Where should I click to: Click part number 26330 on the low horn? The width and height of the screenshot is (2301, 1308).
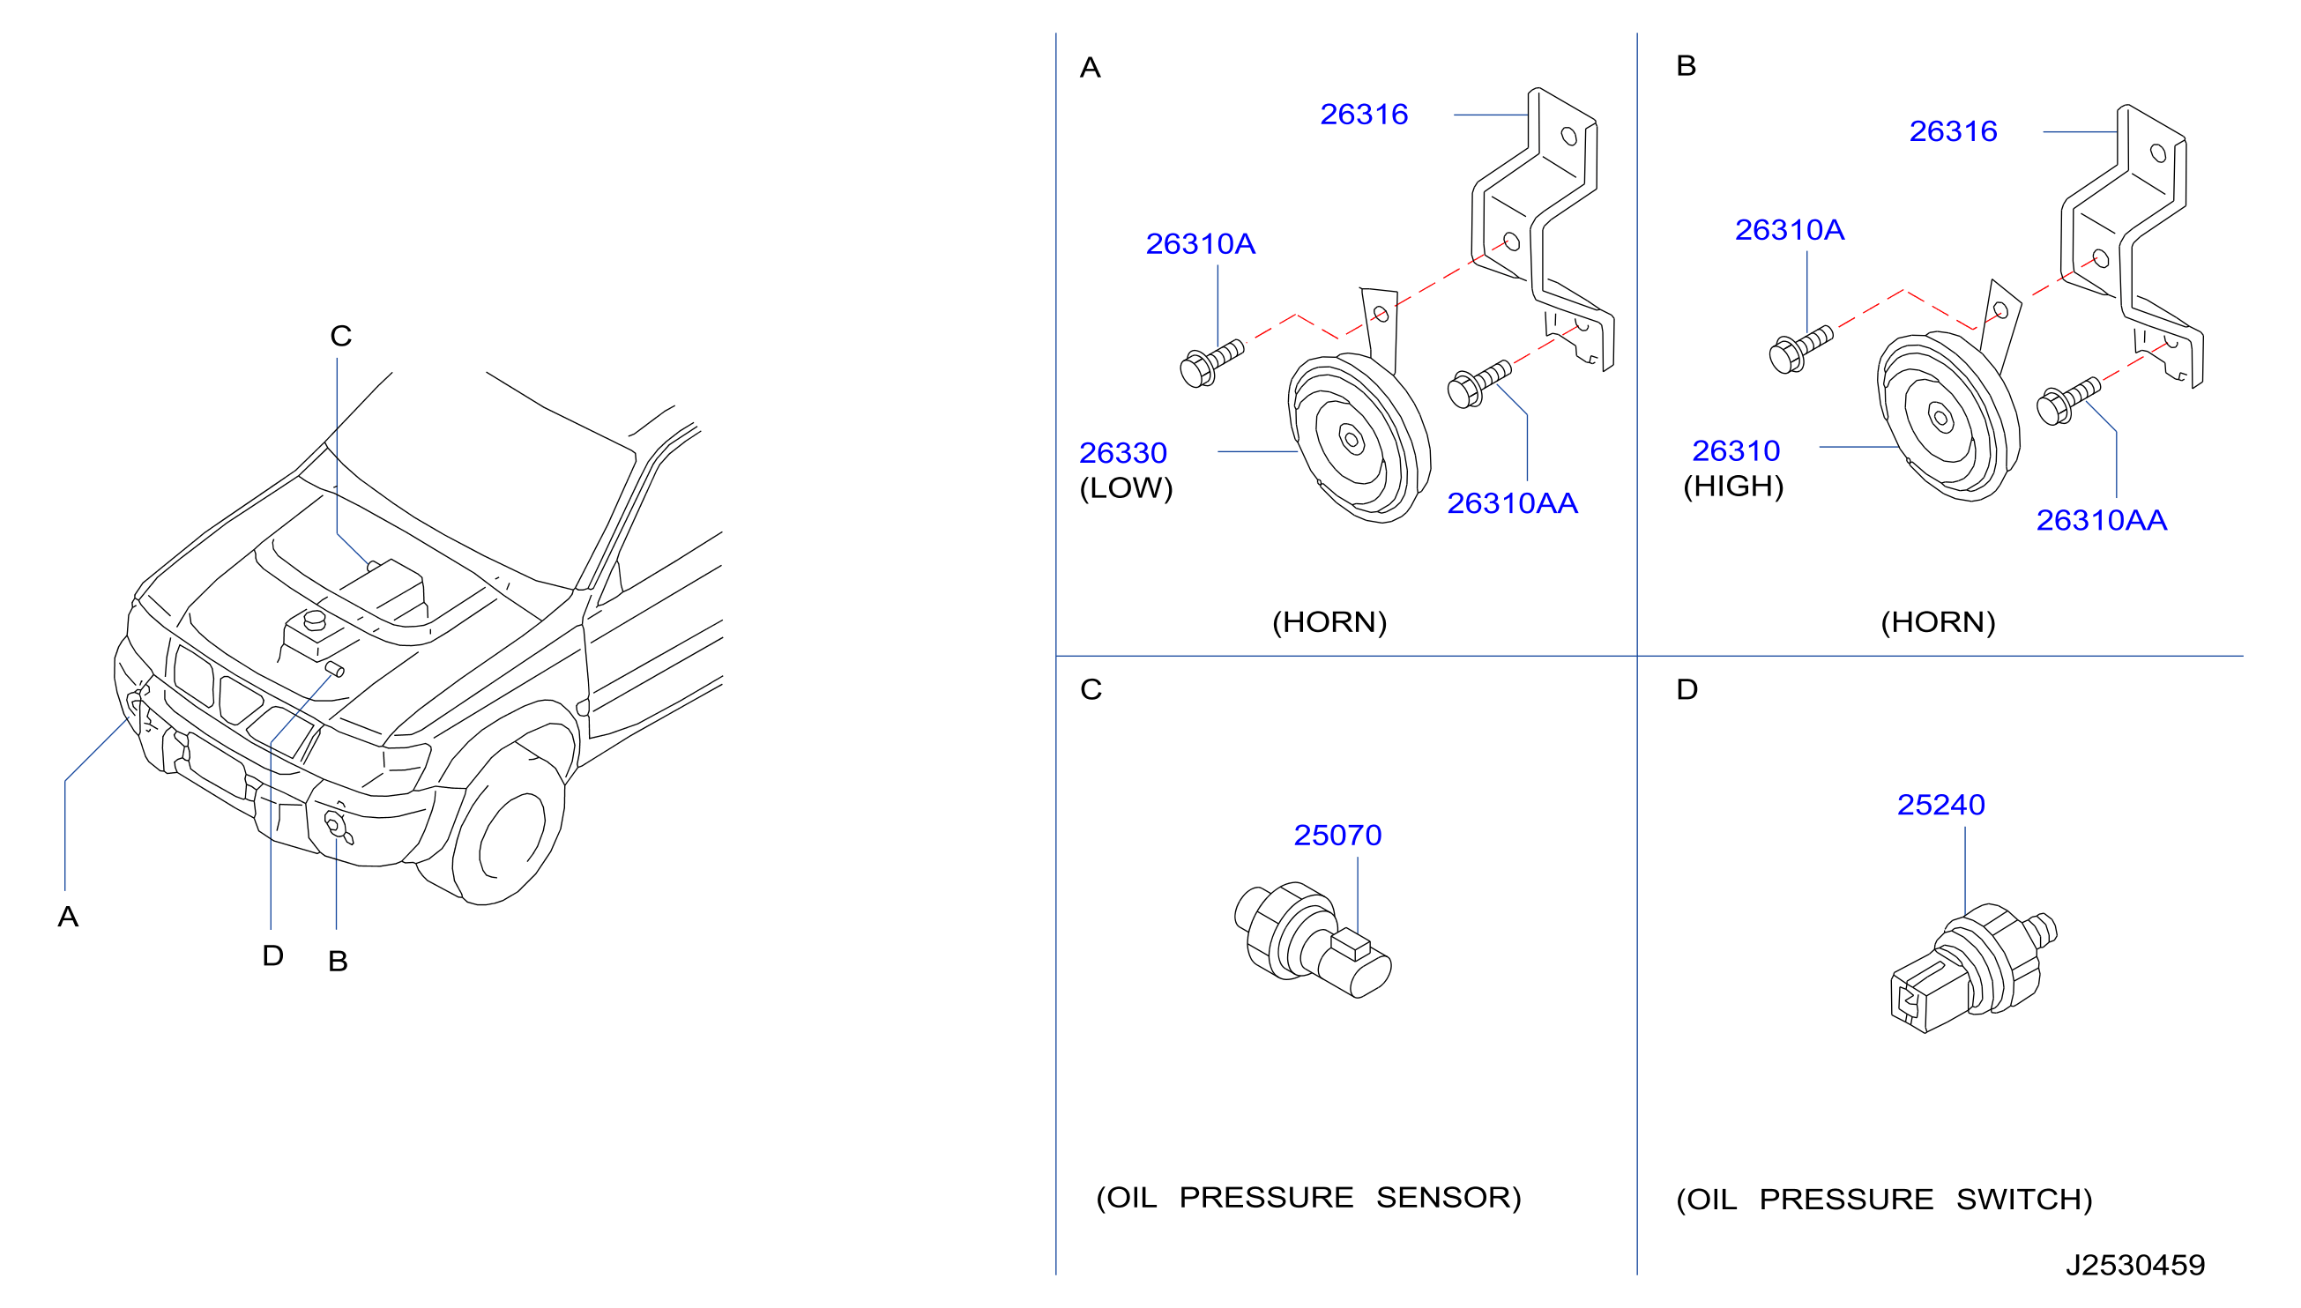(x=1122, y=453)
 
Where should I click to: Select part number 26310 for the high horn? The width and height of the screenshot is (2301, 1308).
(x=1735, y=451)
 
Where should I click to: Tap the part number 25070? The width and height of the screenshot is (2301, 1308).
(x=1337, y=836)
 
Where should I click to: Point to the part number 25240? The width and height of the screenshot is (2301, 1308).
(x=1940, y=805)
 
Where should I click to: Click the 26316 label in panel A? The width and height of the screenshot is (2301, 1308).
(x=1363, y=114)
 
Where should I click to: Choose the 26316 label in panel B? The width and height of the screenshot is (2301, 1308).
(x=1953, y=131)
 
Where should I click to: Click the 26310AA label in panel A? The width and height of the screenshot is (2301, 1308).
(x=1512, y=503)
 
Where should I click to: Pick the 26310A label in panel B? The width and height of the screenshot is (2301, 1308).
(x=1789, y=230)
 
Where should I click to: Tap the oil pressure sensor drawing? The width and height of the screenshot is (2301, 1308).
(x=1313, y=940)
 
